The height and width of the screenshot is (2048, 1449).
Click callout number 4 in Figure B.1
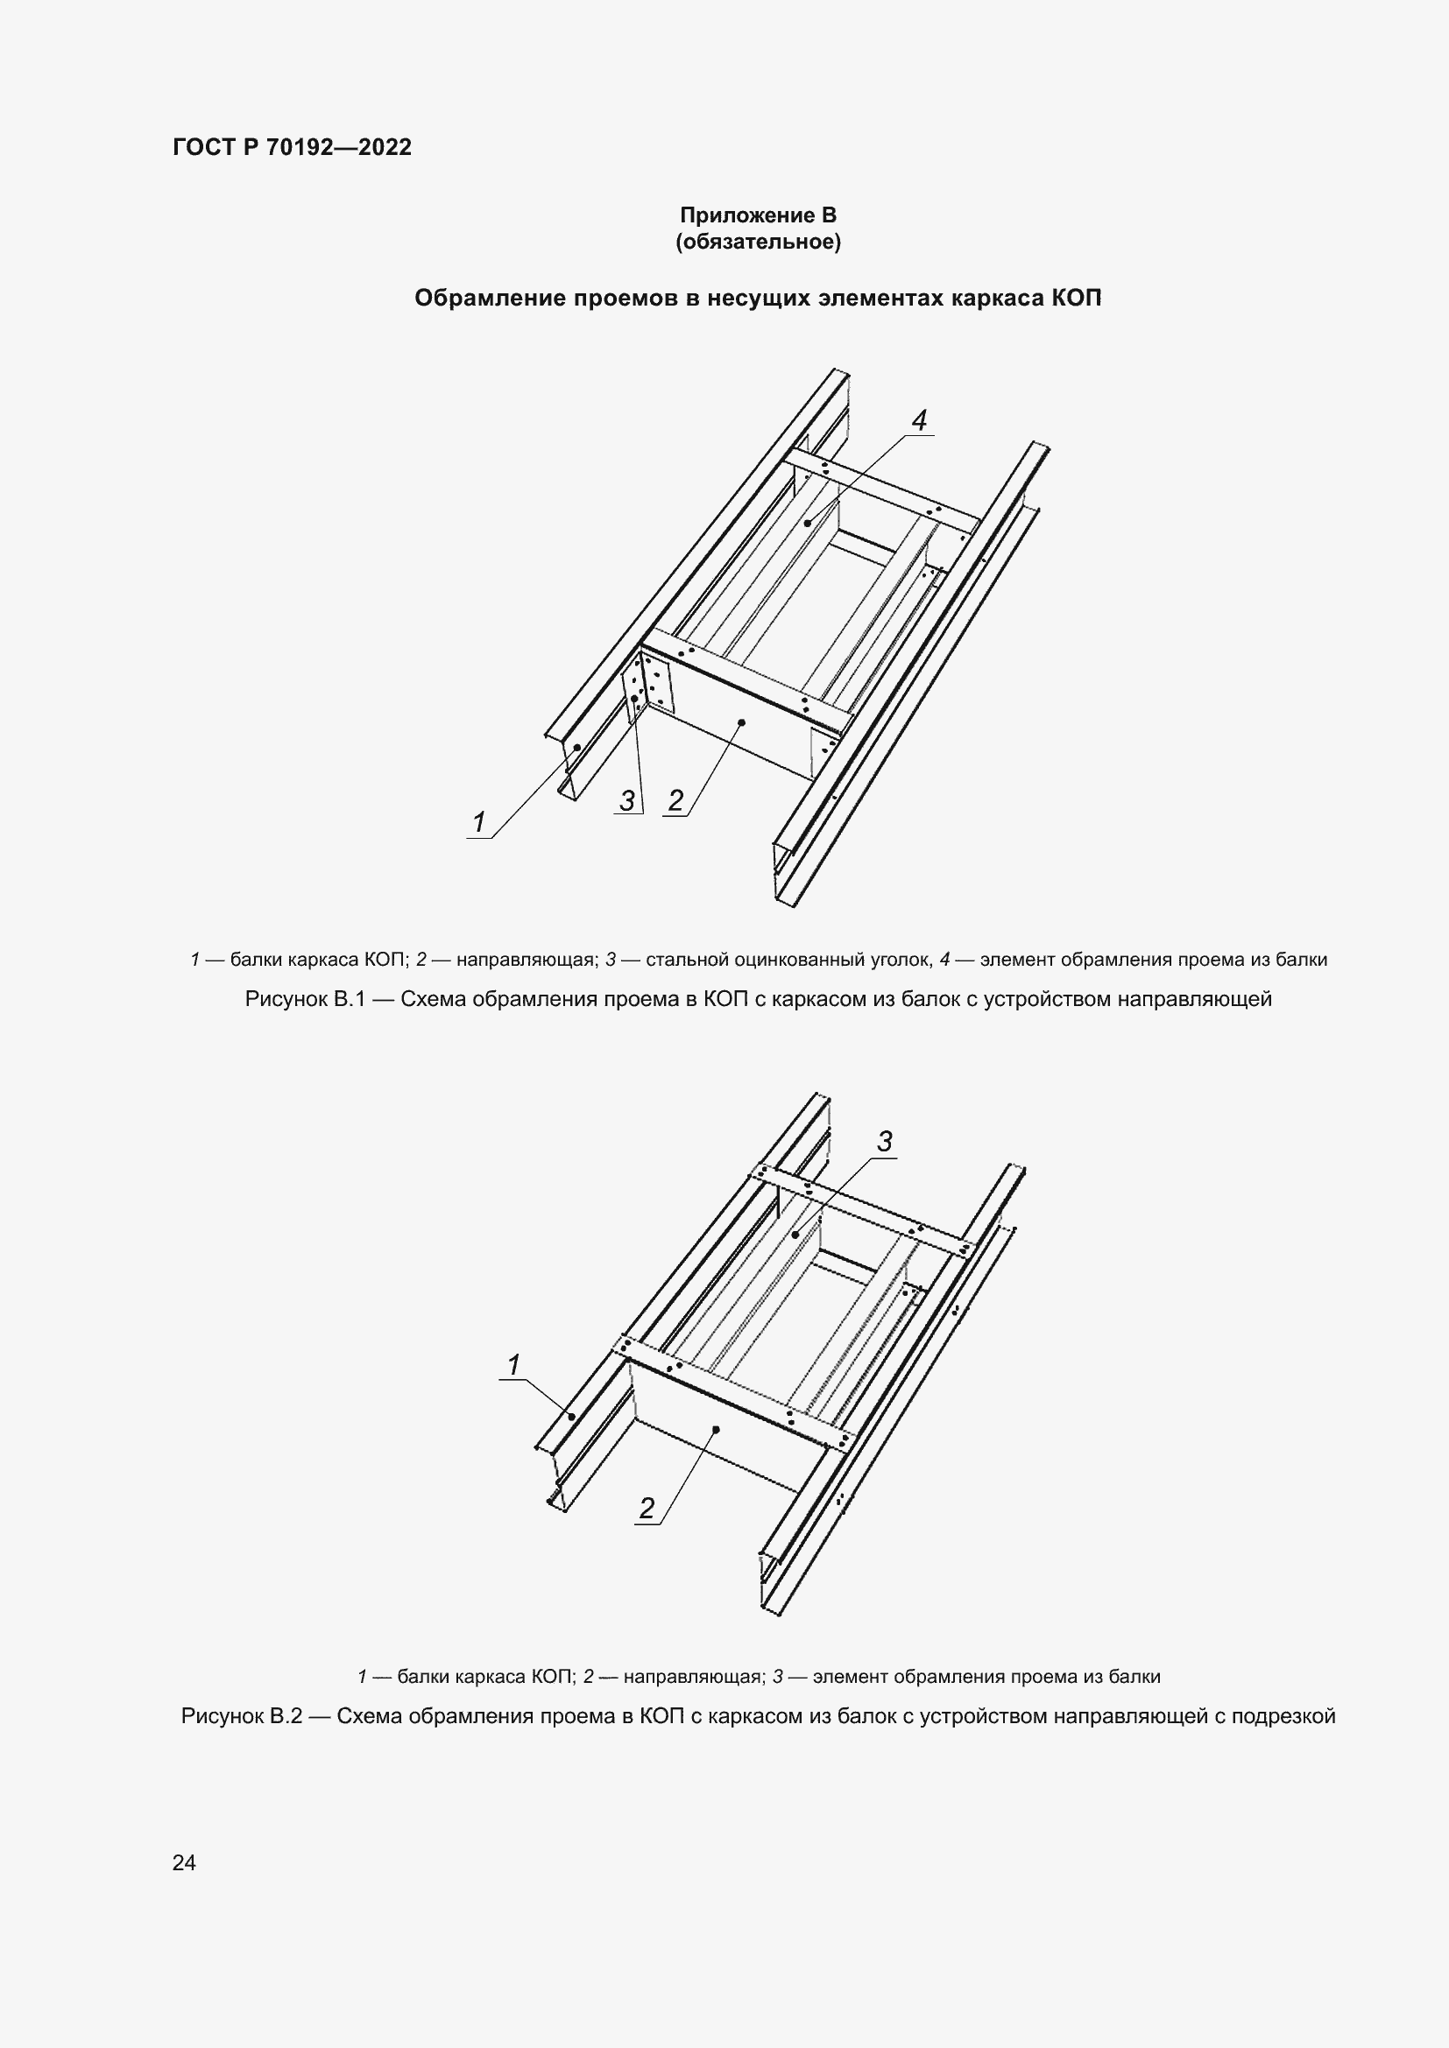pyautogui.click(x=919, y=420)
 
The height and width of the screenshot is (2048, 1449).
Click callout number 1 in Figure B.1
pyautogui.click(x=479, y=822)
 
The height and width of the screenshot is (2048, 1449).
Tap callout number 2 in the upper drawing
pyautogui.click(x=675, y=801)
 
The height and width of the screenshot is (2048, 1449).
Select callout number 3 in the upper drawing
pyautogui.click(x=627, y=801)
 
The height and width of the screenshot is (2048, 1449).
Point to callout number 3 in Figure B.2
pyautogui.click(x=884, y=1141)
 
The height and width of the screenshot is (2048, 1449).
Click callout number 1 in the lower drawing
pyautogui.click(x=514, y=1365)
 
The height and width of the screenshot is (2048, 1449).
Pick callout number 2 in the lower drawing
pyautogui.click(x=647, y=1509)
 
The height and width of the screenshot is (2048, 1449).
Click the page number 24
pyautogui.click(x=184, y=1862)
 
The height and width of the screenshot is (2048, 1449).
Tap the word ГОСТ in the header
pyautogui.click(x=202, y=148)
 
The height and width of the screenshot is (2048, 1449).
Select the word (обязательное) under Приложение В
pyautogui.click(x=759, y=243)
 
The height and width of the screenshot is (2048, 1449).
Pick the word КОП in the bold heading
pyautogui.click(x=1076, y=298)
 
